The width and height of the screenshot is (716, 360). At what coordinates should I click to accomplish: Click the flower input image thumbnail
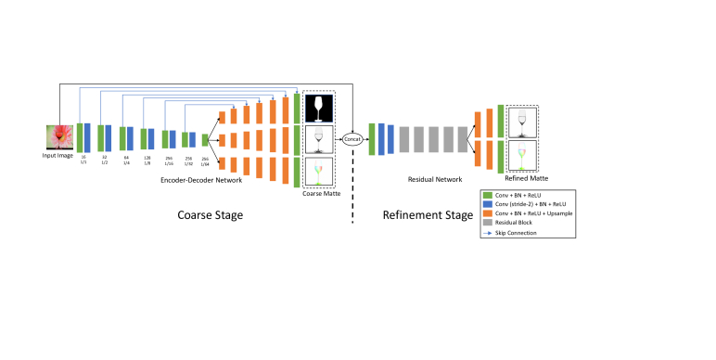coord(58,136)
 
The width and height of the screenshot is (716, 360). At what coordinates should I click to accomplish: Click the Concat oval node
coord(352,139)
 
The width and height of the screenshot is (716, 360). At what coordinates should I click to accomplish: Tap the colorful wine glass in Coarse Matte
coord(318,172)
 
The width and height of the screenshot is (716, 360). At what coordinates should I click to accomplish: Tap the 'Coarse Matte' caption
coord(318,194)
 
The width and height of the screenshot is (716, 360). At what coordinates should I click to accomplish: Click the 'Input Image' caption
coord(58,155)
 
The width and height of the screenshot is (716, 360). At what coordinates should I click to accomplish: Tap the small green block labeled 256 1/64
coord(205,139)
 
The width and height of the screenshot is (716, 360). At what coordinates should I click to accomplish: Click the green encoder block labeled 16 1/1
coord(80,137)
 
